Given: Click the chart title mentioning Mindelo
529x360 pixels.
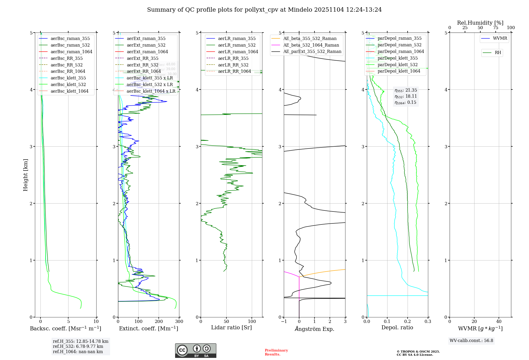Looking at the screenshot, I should [264, 10].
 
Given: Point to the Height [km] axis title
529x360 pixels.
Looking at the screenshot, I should [25, 175].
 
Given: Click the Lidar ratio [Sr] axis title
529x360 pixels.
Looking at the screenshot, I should [231, 327].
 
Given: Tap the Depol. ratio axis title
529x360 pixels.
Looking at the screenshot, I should [397, 327].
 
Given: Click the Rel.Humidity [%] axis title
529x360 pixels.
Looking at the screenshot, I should [480, 23].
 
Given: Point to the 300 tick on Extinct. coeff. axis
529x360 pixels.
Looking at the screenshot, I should [179, 321].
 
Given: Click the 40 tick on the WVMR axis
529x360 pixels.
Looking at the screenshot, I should [499, 321].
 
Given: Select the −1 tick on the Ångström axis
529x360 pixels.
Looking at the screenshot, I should [284, 321].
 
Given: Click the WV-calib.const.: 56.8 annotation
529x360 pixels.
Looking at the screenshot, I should [471, 340].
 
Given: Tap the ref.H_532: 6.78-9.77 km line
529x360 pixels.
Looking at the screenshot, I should [78, 346].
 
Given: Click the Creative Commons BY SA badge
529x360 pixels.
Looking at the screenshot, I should [195, 350].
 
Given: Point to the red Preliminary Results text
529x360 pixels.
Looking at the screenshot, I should [276, 352].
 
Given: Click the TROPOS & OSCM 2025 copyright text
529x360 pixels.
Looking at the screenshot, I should [418, 352].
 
